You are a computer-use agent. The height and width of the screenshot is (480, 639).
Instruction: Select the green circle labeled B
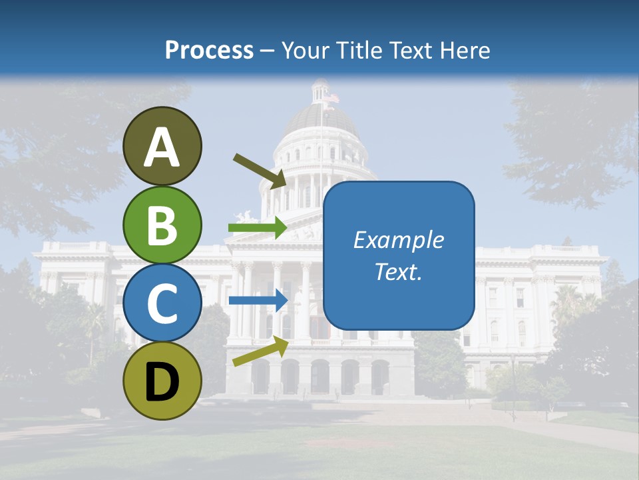pyautogui.click(x=162, y=225)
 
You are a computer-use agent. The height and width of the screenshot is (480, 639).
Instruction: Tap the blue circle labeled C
pyautogui.click(x=162, y=303)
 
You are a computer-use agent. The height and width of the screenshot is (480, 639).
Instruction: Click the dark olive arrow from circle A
pyautogui.click(x=260, y=170)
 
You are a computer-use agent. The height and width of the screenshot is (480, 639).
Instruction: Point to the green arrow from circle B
pyautogui.click(x=258, y=228)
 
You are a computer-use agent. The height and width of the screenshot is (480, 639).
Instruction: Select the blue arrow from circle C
pyautogui.click(x=258, y=300)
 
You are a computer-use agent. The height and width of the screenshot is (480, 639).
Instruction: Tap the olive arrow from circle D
pyautogui.click(x=260, y=351)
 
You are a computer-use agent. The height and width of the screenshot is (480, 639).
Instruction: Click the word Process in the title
pyautogui.click(x=209, y=50)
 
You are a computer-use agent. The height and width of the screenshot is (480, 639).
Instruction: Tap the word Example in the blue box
pyautogui.click(x=398, y=240)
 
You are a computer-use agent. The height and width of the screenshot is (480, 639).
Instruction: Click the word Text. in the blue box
pyautogui.click(x=398, y=271)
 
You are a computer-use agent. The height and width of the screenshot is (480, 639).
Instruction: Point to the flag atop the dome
pyautogui.click(x=331, y=99)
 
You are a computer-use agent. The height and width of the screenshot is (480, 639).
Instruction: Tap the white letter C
pyautogui.click(x=162, y=303)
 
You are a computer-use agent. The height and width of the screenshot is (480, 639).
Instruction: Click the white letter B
pyautogui.click(x=162, y=225)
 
